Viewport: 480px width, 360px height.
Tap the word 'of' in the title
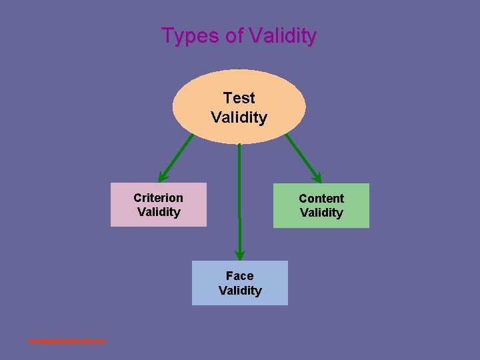click(235, 35)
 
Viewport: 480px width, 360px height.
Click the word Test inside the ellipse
click(239, 97)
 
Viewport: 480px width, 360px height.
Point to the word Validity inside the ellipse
click(239, 117)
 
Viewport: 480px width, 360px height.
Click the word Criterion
click(158, 197)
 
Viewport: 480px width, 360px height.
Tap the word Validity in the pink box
click(159, 212)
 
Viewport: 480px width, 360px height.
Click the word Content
click(321, 198)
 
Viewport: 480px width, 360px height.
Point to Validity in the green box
click(321, 213)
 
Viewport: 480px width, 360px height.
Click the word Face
click(239, 275)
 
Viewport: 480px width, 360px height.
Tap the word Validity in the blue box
click(240, 290)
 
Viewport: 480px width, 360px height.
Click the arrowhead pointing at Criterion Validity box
click(163, 177)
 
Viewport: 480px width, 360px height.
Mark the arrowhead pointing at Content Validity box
click(317, 177)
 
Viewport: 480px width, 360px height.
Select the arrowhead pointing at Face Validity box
click(240, 255)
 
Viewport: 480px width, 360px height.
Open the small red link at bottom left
click(67, 341)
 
